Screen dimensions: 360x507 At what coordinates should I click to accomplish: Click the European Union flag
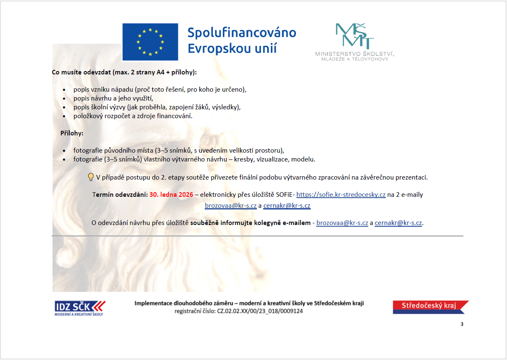click(x=150, y=42)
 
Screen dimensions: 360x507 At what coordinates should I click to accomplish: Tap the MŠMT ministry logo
click(x=354, y=36)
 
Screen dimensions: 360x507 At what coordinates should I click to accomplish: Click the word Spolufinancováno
click(x=241, y=33)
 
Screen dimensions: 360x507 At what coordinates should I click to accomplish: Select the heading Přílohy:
click(x=72, y=133)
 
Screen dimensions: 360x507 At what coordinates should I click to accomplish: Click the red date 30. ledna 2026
click(x=171, y=195)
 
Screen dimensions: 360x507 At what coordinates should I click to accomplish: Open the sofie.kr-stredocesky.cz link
click(x=341, y=195)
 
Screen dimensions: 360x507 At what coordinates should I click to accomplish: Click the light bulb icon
click(x=90, y=177)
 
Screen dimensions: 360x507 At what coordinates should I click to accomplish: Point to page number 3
click(x=462, y=324)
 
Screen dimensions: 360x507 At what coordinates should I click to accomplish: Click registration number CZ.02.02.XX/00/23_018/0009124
click(x=259, y=311)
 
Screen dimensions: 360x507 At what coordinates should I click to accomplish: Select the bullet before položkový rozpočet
click(x=64, y=116)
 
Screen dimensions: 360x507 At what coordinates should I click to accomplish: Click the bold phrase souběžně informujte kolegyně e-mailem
click(x=251, y=223)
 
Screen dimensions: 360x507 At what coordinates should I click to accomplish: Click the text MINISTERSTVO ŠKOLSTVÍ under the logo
click(x=354, y=54)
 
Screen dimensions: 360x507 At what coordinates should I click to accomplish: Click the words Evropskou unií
click(x=232, y=48)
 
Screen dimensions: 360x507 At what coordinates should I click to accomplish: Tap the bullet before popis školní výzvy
click(x=64, y=108)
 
